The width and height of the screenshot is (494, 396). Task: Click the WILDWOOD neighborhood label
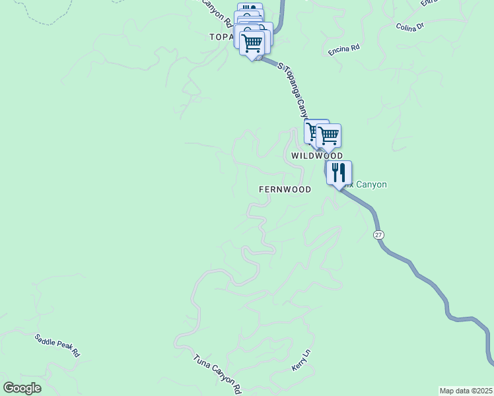[x=317, y=156]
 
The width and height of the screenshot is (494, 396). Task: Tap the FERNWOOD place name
[x=285, y=189]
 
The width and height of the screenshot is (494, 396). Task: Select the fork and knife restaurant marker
[x=339, y=172]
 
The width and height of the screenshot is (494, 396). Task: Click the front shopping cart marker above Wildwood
[x=328, y=135]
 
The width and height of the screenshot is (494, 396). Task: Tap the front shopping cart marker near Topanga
[x=252, y=44]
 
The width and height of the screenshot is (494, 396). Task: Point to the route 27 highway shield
[x=378, y=235]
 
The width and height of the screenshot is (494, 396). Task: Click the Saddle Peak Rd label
[x=57, y=345]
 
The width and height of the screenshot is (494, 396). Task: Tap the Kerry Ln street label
[x=300, y=360]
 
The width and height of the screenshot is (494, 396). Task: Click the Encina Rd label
[x=344, y=49]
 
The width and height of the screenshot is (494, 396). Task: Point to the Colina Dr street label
[x=413, y=27]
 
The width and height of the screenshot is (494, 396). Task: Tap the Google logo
[x=22, y=388]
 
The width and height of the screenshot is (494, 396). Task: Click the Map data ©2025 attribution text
[x=466, y=391]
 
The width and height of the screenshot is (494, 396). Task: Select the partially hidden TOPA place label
[x=221, y=37]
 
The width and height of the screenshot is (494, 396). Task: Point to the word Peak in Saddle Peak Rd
[x=59, y=346]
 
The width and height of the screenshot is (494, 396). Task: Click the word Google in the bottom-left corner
[x=22, y=388]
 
